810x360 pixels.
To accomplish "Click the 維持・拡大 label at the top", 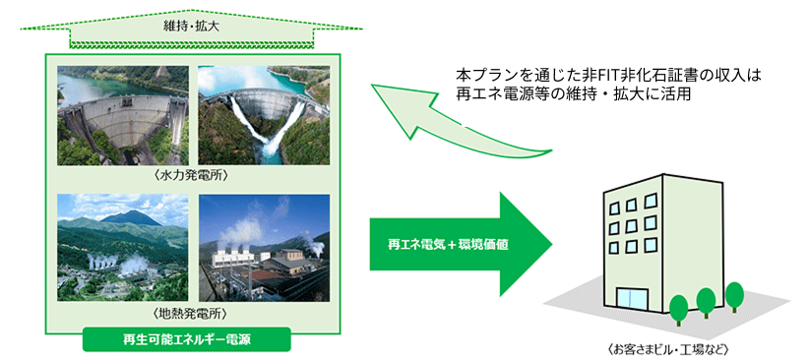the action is [x=191, y=27].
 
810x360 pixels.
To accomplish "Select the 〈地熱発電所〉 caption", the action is [x=193, y=313].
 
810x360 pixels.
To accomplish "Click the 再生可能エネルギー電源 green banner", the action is [x=187, y=340].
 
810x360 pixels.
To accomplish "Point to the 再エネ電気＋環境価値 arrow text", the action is [x=449, y=245].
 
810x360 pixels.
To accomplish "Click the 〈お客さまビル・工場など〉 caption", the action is [x=667, y=347].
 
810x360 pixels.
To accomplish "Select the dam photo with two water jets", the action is [x=264, y=115].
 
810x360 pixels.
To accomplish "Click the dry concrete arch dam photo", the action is [x=122, y=115].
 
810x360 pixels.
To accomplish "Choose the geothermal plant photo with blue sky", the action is [x=264, y=248].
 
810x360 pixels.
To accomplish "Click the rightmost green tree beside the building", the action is [x=734, y=297].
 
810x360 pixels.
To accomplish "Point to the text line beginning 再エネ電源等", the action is [x=573, y=95].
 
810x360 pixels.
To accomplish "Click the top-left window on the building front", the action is [x=615, y=209].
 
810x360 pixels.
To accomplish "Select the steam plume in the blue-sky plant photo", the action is [x=247, y=222].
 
